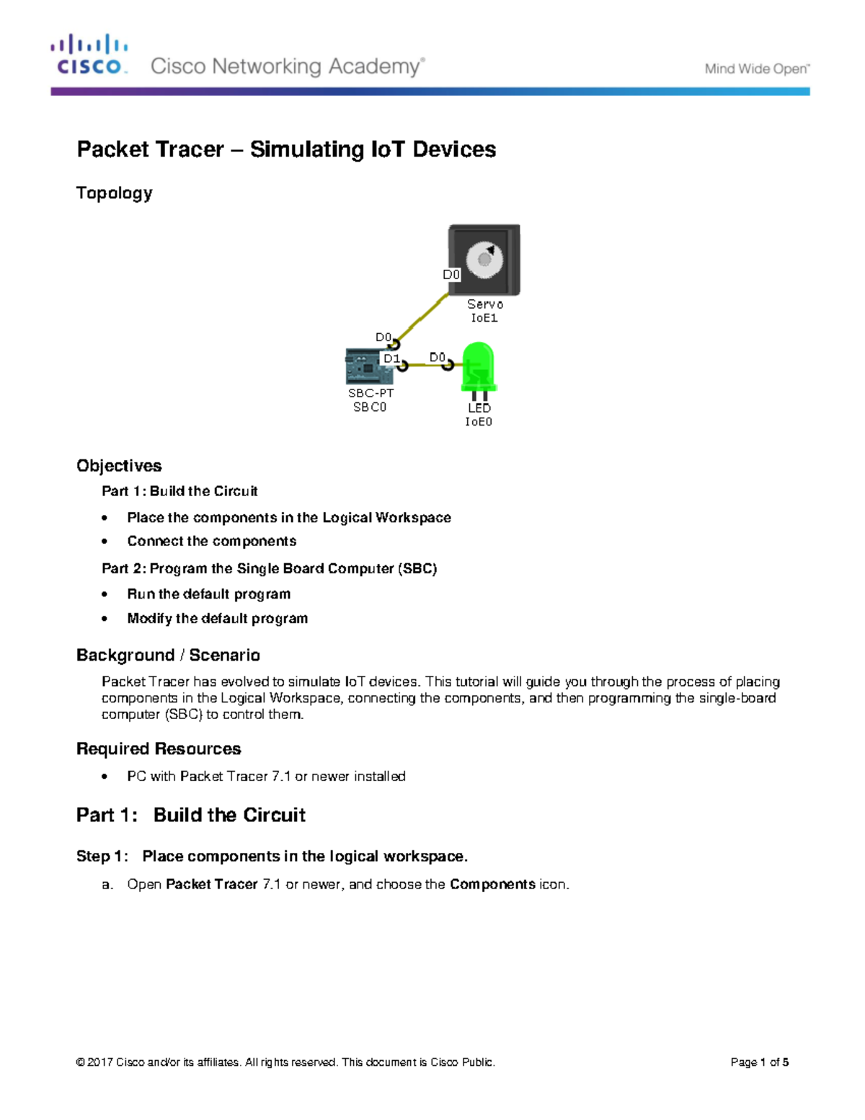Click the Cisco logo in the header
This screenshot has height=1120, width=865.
(89, 55)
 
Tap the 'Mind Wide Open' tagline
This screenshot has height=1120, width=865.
(757, 69)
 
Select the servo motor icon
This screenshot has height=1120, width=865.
(484, 260)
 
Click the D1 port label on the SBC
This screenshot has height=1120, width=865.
(391, 358)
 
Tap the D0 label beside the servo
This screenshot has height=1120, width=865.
(451, 275)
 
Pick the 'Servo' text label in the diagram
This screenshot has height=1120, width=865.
(485, 304)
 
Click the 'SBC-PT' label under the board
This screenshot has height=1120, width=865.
(371, 393)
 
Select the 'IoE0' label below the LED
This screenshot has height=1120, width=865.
(479, 422)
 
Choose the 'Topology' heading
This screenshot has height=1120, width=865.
(115, 193)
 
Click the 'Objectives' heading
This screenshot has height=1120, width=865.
(119, 466)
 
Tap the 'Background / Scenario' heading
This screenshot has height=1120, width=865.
(168, 655)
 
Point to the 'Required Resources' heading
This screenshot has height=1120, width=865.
(159, 749)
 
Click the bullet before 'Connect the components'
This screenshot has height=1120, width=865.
(105, 542)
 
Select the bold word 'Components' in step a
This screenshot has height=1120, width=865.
(492, 884)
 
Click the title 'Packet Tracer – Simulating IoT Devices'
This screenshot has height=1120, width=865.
(286, 149)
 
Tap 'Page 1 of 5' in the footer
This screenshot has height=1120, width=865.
(759, 1062)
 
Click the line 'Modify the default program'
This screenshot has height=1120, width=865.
(217, 619)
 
